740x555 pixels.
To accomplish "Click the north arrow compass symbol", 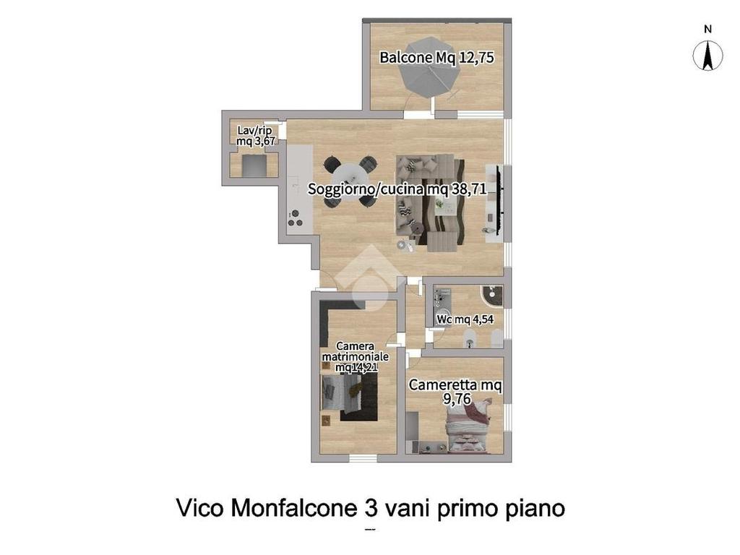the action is (x=707, y=56).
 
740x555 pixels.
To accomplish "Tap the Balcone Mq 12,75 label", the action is (x=436, y=58).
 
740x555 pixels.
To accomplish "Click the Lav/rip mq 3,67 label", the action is (x=255, y=135).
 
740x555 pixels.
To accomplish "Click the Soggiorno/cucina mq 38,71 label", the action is (x=397, y=189).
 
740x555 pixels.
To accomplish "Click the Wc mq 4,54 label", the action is (x=465, y=319).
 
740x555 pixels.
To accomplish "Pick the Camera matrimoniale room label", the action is (x=356, y=356).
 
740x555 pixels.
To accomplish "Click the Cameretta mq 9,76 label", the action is (x=455, y=392).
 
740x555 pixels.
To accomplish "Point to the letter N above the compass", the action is (x=707, y=29).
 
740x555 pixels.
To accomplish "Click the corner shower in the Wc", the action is (x=491, y=296).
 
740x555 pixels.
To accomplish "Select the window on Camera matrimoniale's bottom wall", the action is (x=363, y=457).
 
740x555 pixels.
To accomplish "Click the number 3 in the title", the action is (x=371, y=509).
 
